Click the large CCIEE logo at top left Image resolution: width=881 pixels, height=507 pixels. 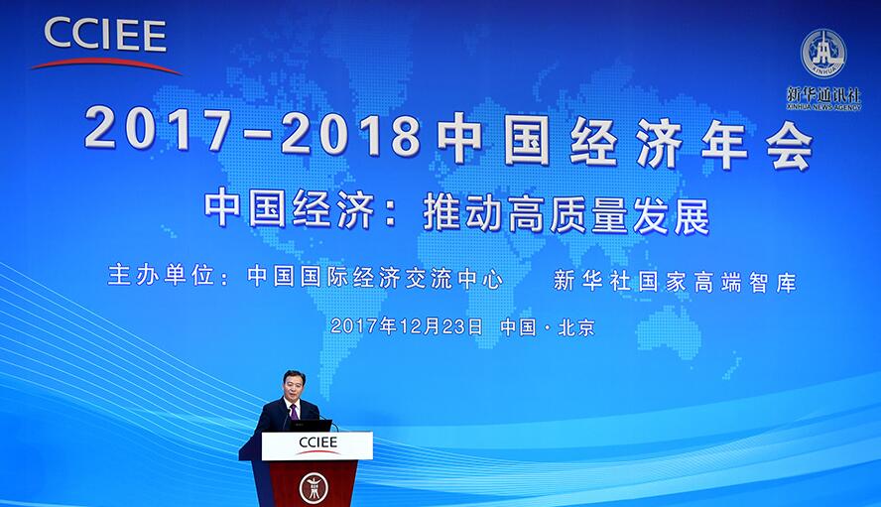click(x=105, y=45)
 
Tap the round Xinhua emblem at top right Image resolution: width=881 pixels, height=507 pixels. click(x=823, y=54)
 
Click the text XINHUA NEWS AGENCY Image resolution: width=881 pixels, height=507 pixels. click(x=823, y=107)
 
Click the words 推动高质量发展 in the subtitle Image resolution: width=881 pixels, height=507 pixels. click(x=566, y=213)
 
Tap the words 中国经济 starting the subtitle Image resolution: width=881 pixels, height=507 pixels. click(x=290, y=209)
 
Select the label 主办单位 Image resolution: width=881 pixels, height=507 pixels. click(x=161, y=276)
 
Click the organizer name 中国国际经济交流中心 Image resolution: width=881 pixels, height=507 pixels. click(x=375, y=278)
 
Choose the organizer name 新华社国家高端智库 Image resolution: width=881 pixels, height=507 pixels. click(x=675, y=281)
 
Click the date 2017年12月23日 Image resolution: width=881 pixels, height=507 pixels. click(x=406, y=325)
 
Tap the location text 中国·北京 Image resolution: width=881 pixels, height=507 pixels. click(x=548, y=327)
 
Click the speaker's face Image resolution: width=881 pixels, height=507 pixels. click(x=294, y=386)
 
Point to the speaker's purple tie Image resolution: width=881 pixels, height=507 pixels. click(x=294, y=411)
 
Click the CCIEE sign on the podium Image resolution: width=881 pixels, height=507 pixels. click(x=317, y=445)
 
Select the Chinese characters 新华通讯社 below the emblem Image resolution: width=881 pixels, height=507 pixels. click(x=823, y=94)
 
